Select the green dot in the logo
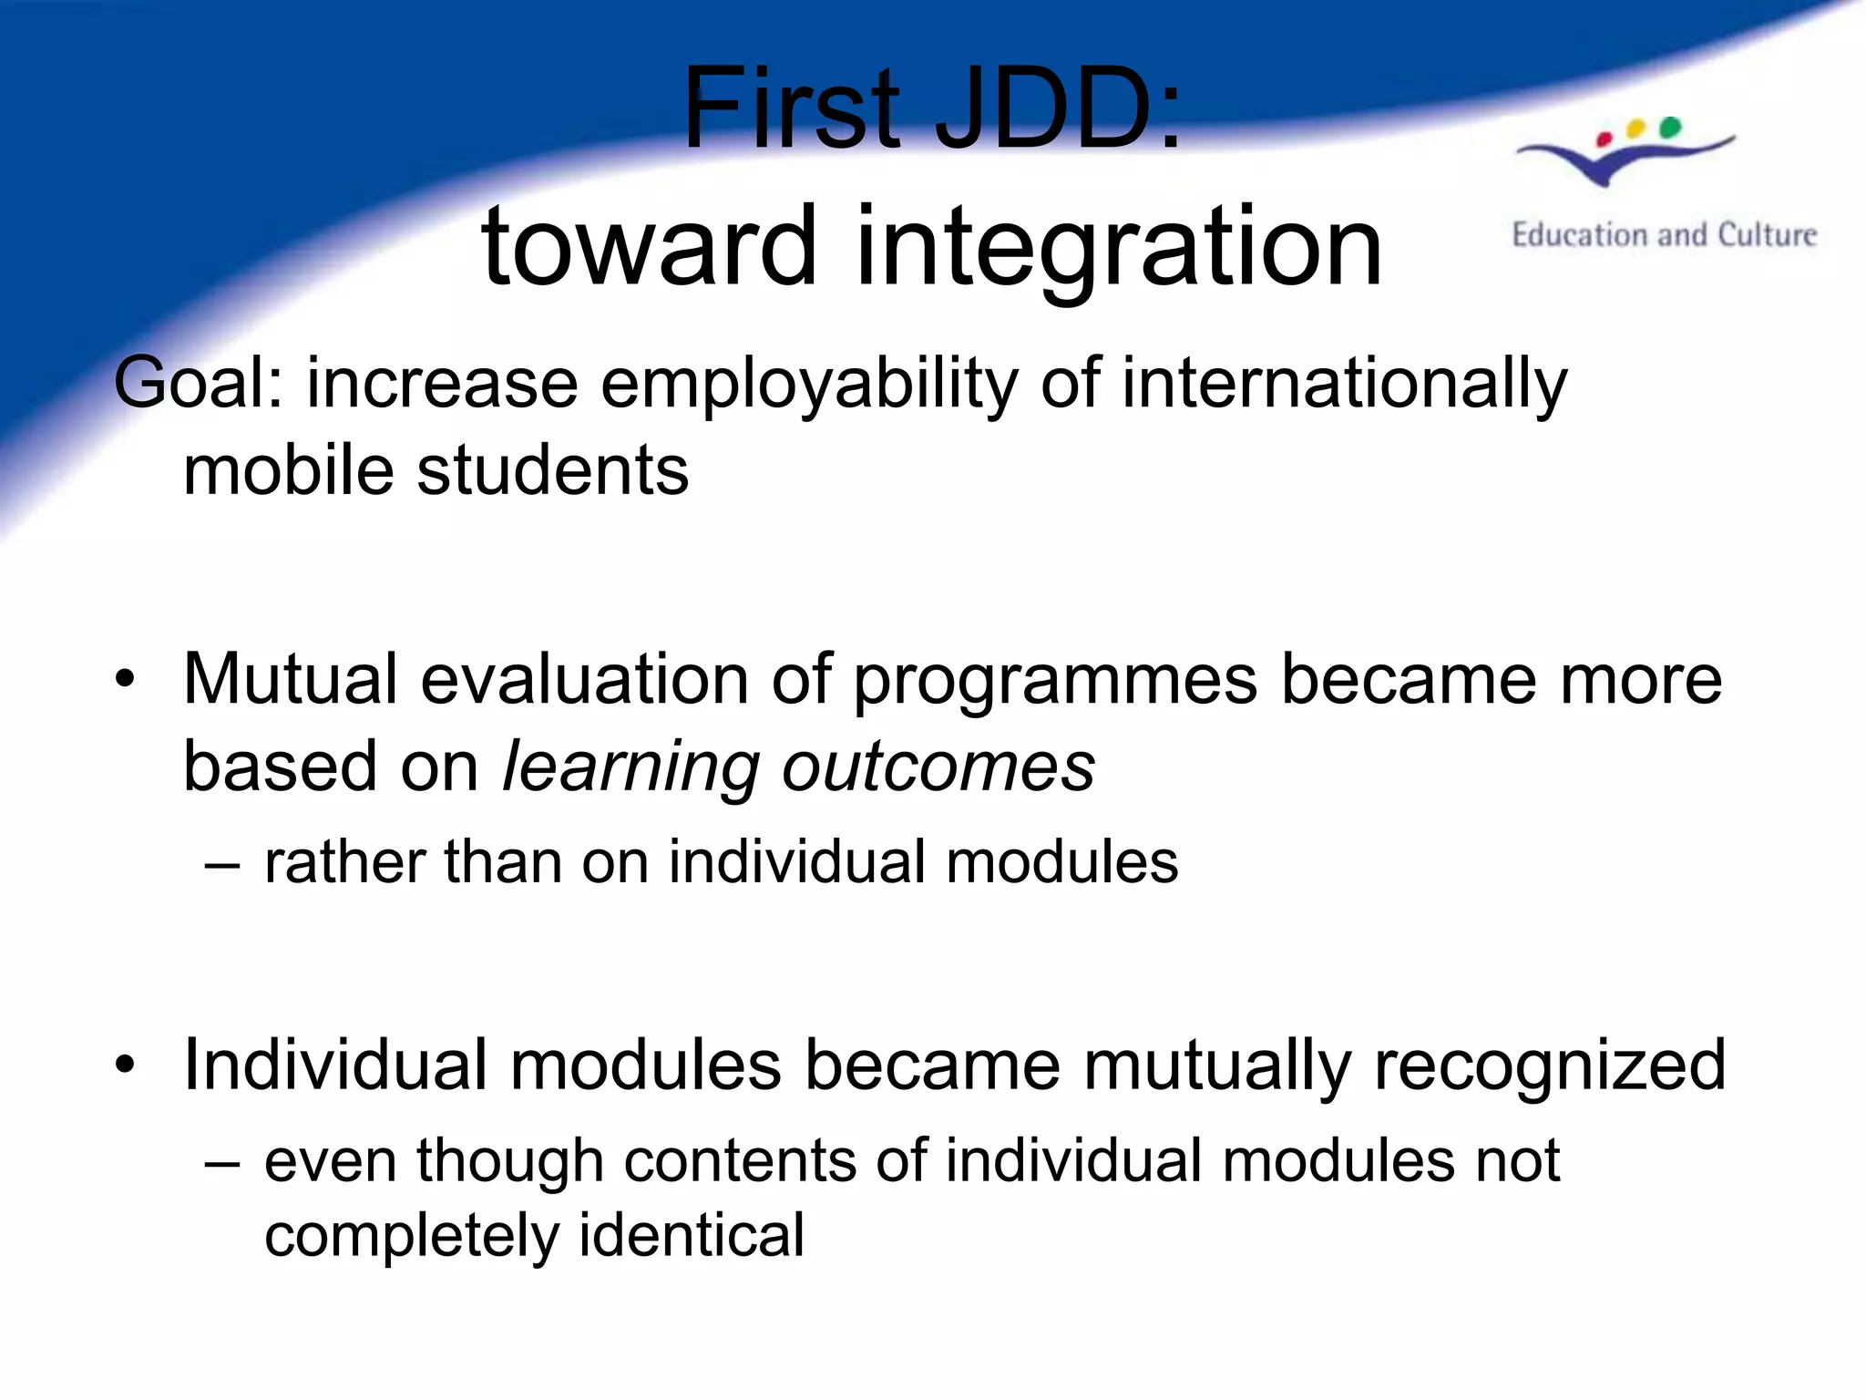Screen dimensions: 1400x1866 (1670, 127)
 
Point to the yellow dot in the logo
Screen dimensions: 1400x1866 (1636, 129)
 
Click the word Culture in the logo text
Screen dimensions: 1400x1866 (1767, 235)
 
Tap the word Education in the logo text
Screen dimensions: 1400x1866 (1582, 235)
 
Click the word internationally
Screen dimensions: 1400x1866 (1344, 383)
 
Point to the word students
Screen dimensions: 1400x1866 (552, 470)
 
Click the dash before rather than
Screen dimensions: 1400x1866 (222, 864)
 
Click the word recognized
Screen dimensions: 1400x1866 (1549, 1065)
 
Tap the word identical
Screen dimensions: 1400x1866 (692, 1236)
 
